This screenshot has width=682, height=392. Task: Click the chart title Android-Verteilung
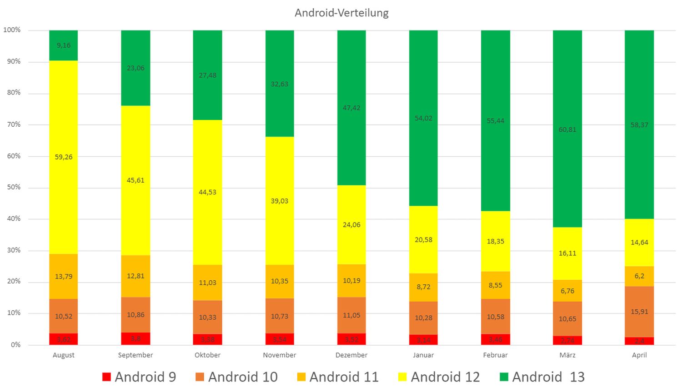point(341,13)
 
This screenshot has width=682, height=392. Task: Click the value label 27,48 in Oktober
point(207,75)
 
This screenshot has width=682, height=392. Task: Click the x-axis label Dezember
point(351,355)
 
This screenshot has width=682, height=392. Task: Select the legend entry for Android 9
point(139,377)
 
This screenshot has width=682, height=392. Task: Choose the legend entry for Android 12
point(439,377)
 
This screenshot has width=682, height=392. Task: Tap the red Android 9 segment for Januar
point(423,340)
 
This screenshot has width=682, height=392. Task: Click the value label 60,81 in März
point(567,130)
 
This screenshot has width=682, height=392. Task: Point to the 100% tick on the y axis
point(12,30)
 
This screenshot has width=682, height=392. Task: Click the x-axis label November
point(280,355)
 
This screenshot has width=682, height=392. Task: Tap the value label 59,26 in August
point(64,157)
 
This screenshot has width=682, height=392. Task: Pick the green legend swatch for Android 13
point(504,377)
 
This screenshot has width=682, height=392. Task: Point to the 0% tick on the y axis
point(16,345)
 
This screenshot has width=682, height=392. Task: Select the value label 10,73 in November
point(280,317)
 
